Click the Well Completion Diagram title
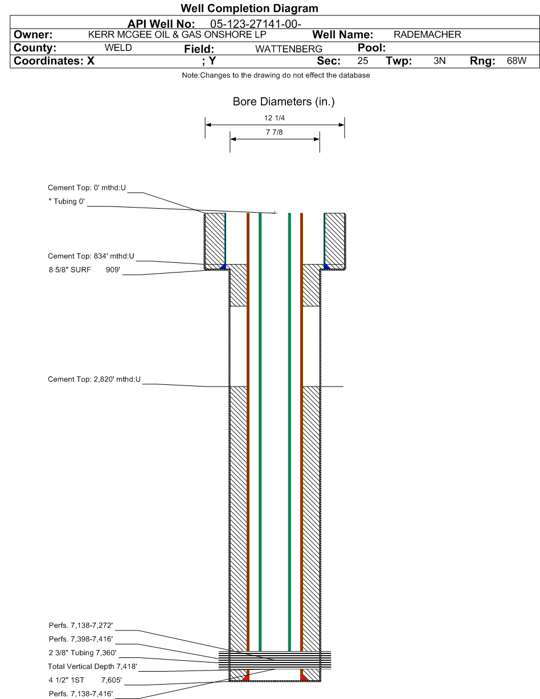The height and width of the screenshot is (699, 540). (249, 8)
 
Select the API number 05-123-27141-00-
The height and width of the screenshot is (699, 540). (256, 24)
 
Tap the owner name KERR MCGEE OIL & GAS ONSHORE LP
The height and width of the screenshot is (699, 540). (177, 34)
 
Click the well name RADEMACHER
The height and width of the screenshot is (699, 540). (427, 34)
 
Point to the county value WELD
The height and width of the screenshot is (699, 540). (118, 48)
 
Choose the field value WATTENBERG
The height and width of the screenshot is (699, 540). (288, 49)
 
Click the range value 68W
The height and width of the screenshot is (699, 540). (517, 61)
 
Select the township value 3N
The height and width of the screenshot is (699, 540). (439, 61)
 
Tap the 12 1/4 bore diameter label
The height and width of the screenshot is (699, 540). (275, 118)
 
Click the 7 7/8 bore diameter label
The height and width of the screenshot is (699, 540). (275, 132)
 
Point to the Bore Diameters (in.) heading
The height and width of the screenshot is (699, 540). (284, 101)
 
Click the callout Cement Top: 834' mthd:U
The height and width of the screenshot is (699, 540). (91, 256)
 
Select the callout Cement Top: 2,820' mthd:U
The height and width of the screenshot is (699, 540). (94, 379)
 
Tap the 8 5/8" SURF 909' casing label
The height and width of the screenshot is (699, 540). (84, 270)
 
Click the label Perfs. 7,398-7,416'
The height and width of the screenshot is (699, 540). (81, 639)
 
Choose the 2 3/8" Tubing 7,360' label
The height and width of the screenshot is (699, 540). (83, 653)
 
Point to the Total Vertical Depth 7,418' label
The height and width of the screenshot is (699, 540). (92, 666)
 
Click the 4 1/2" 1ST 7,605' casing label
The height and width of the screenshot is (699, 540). (85, 680)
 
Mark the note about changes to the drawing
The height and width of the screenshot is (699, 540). (276, 75)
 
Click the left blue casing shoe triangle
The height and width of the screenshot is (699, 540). (223, 267)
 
